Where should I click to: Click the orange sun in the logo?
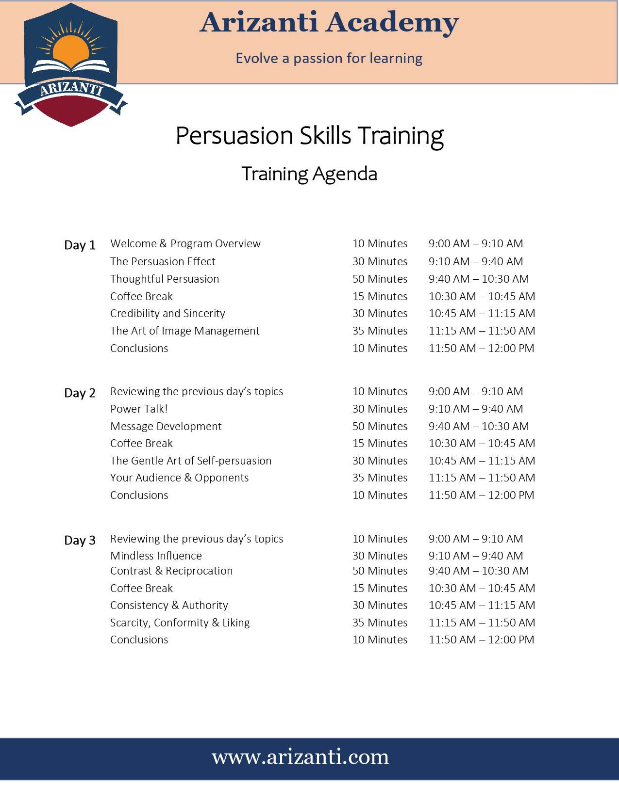click(x=70, y=51)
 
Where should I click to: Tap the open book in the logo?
click(x=71, y=66)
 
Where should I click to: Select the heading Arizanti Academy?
click(x=329, y=23)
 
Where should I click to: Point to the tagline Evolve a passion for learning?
click(x=329, y=58)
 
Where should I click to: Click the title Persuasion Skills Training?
click(x=309, y=136)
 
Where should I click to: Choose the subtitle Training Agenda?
click(x=309, y=174)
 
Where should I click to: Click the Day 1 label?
click(x=80, y=245)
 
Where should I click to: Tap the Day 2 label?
click(x=80, y=393)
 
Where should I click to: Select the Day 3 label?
click(x=80, y=540)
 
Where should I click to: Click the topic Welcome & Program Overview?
click(x=185, y=243)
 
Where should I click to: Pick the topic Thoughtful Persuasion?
click(x=165, y=279)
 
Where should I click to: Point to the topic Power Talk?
click(x=139, y=409)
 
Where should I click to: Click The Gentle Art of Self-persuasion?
click(x=191, y=461)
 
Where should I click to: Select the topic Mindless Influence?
click(x=156, y=556)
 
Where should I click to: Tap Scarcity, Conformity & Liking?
click(x=180, y=623)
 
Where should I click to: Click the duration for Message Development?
click(x=380, y=426)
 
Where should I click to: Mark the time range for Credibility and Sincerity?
click(x=482, y=313)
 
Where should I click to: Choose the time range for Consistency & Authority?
click(x=482, y=605)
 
